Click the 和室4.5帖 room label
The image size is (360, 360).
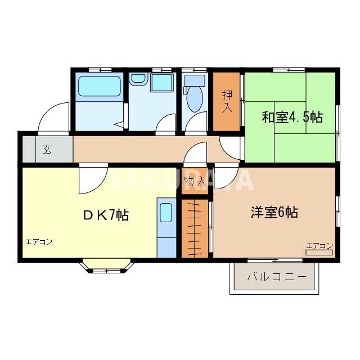(291, 118)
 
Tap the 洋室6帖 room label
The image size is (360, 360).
(274, 213)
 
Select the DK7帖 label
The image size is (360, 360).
(106, 215)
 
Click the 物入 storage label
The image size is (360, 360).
(193, 182)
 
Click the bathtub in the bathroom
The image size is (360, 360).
(99, 87)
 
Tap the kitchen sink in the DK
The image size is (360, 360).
(166, 213)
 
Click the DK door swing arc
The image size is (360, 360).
(90, 179)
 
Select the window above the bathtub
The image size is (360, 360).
(100, 69)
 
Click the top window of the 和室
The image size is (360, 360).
(290, 69)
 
